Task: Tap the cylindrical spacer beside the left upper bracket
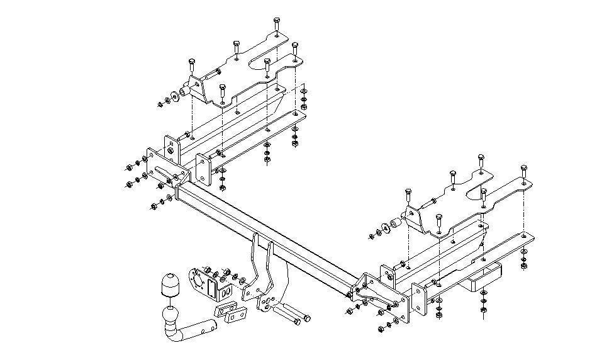184,93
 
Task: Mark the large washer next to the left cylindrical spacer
176,96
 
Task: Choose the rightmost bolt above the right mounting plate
523,172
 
